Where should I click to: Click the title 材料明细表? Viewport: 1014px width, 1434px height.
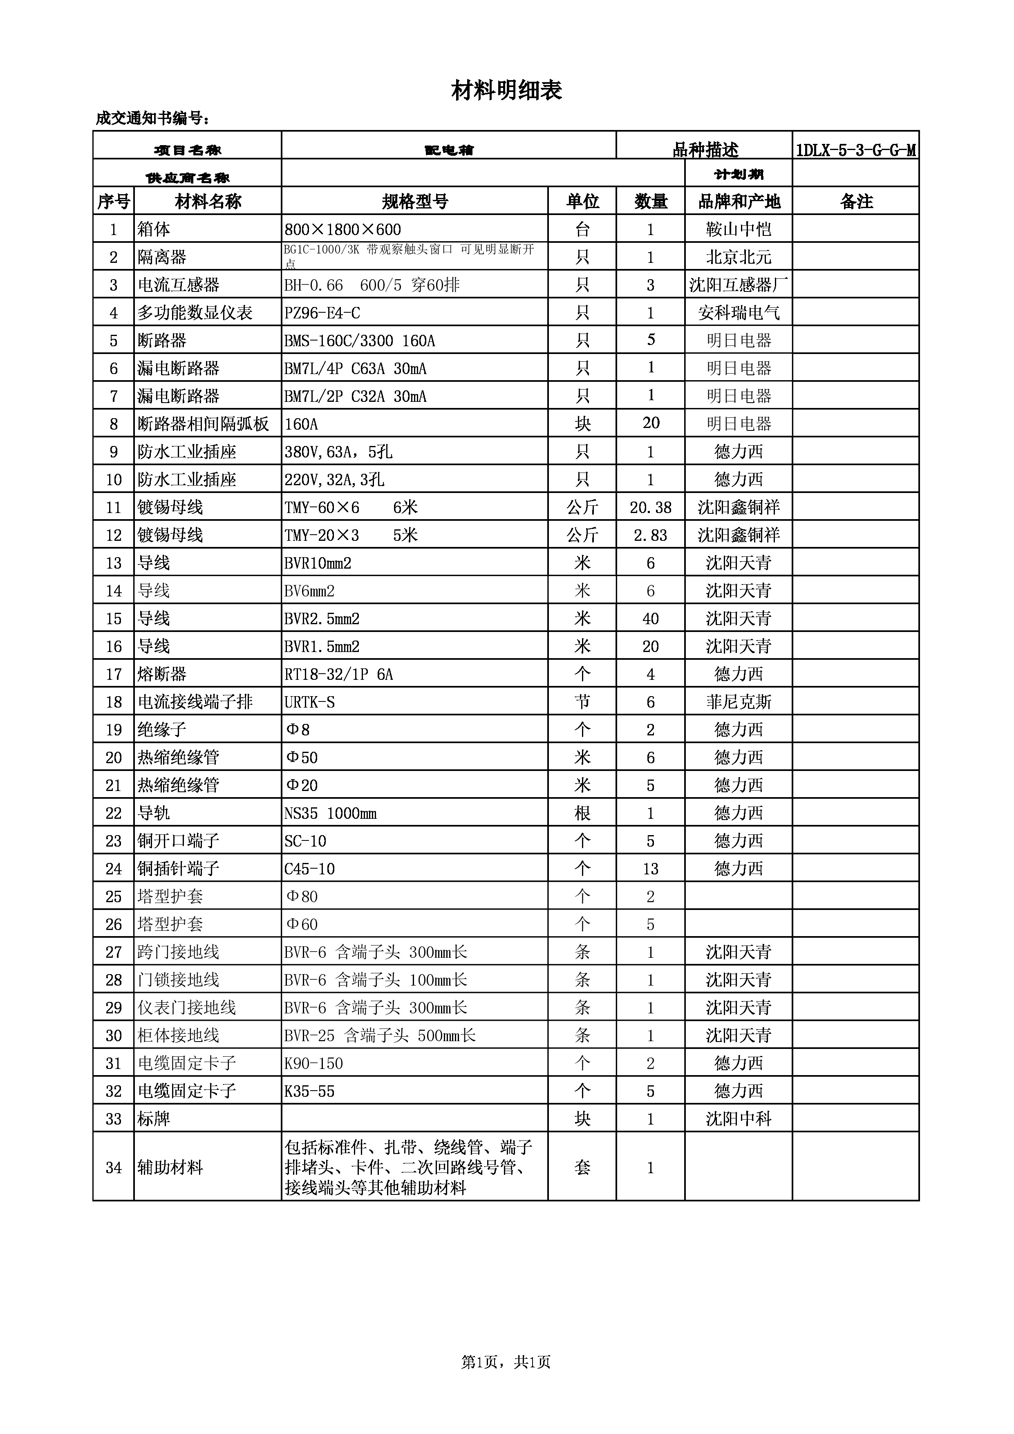coord(506,91)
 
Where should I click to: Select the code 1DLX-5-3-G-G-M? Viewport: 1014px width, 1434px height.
coord(856,150)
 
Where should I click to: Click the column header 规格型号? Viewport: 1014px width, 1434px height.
coord(414,201)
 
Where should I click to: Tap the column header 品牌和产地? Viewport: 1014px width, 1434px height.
coord(739,201)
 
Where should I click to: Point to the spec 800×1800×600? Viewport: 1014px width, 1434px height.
coord(343,229)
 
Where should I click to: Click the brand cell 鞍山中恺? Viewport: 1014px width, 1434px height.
coord(739,229)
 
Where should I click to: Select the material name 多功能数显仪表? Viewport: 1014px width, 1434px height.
coord(195,312)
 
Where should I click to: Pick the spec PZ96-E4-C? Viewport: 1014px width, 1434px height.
coord(322,312)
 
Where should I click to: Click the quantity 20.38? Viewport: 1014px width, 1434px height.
coord(651,507)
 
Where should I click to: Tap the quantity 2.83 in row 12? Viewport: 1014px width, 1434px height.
coord(651,535)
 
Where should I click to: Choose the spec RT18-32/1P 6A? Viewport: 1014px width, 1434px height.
coord(339,674)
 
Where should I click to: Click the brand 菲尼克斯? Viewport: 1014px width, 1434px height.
coord(739,702)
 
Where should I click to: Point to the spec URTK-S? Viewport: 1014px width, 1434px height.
coord(310,702)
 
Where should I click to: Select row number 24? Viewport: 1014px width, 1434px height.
coord(114,868)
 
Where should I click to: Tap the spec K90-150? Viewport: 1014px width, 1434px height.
coord(314,1063)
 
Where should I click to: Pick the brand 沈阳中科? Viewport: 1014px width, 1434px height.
coord(739,1118)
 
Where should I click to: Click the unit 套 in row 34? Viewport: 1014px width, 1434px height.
coord(582,1167)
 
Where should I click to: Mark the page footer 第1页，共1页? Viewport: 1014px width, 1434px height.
coord(506,1362)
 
